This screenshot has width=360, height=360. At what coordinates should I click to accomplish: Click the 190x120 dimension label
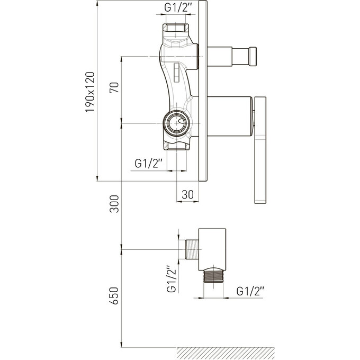(90, 92)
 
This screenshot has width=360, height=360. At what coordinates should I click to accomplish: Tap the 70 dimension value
(114, 87)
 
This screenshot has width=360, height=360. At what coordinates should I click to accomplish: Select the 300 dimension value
(114, 204)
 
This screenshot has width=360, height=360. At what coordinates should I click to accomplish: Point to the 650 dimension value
(114, 296)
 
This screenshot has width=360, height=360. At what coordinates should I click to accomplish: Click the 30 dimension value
(188, 195)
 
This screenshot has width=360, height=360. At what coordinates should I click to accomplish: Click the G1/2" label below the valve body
(148, 164)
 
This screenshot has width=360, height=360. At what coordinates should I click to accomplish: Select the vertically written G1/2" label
(172, 279)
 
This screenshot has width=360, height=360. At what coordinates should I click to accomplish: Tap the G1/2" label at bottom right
(250, 291)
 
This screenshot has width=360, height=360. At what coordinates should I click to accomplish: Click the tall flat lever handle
(260, 150)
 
